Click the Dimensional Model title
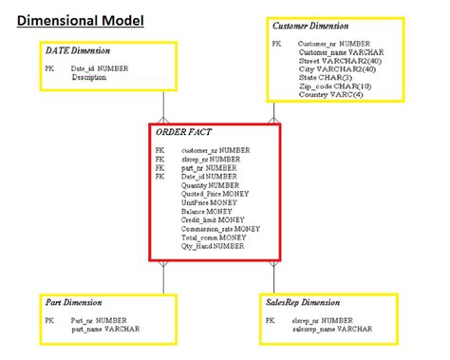point(81,18)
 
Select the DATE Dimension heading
point(77,49)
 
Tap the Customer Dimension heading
point(309,26)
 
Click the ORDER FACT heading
point(182,131)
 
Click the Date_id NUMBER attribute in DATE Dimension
point(100,68)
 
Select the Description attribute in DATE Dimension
point(88,77)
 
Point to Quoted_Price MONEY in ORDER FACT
point(215,194)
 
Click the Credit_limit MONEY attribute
point(213,219)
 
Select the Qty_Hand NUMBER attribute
point(213,246)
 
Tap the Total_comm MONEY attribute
point(213,237)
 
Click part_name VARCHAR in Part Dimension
point(104,330)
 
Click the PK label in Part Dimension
point(49,321)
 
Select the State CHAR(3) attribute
point(325,78)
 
